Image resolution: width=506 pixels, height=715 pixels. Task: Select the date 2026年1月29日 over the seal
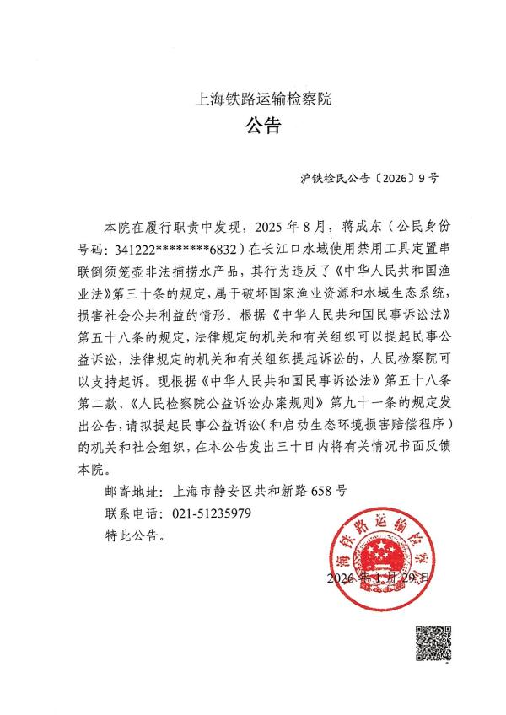coord(380,578)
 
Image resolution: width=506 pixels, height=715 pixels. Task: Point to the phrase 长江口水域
coord(294,250)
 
